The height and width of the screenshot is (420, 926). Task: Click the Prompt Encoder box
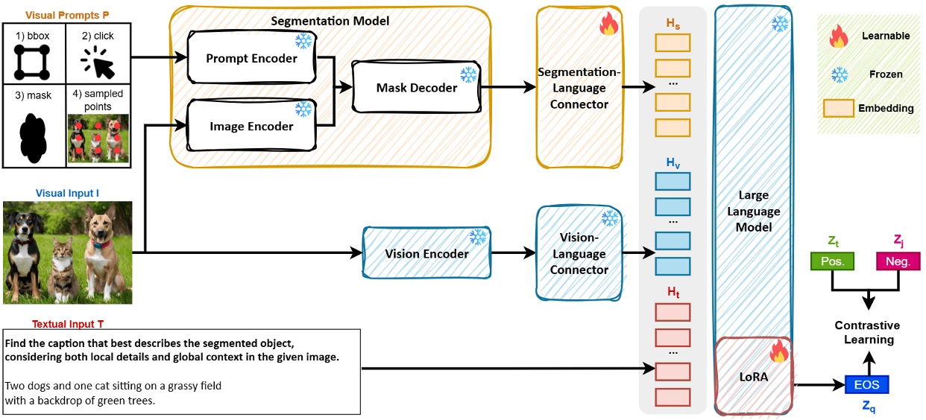(x=251, y=58)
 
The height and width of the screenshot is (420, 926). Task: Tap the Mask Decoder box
(x=416, y=87)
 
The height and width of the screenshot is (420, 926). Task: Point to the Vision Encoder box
(x=426, y=253)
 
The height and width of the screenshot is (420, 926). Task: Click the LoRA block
(x=752, y=377)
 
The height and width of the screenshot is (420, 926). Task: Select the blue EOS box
(x=866, y=385)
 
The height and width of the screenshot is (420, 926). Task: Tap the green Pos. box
(x=832, y=261)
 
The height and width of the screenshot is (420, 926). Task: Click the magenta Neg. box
(x=898, y=261)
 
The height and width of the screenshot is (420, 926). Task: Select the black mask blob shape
(x=34, y=138)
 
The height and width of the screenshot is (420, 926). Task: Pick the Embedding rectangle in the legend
(x=839, y=108)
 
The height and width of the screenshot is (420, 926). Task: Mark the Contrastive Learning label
(x=867, y=332)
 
